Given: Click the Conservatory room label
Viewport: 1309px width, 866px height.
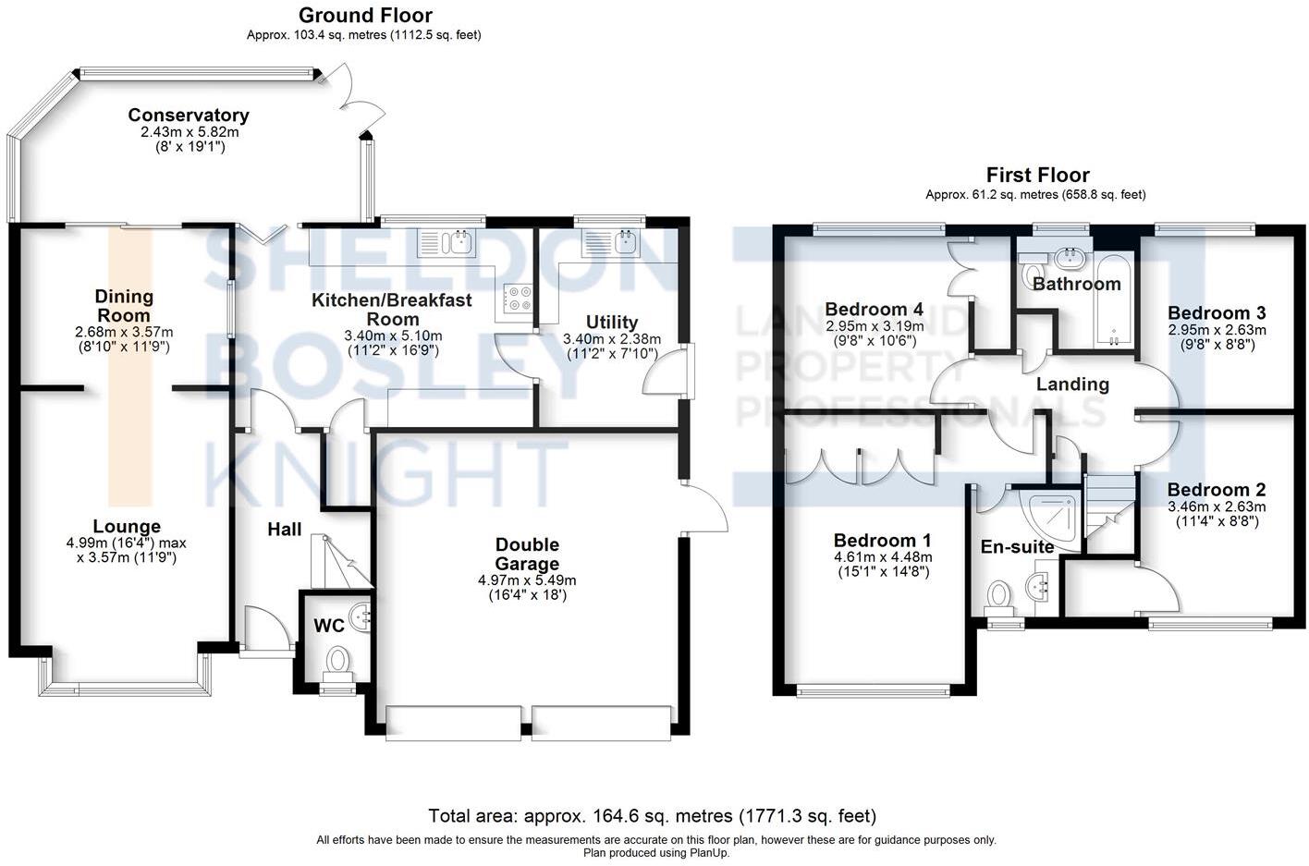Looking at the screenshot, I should tap(189, 116).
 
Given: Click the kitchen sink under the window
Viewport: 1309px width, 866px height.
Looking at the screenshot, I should tap(447, 243).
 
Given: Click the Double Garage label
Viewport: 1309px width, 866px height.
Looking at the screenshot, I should tap(527, 554).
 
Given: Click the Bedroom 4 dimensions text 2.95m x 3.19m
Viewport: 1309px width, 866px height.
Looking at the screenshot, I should tap(874, 326).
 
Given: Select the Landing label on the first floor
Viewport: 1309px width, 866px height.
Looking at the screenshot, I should tap(1072, 384).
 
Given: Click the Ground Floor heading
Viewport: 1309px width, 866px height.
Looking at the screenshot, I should tap(365, 16).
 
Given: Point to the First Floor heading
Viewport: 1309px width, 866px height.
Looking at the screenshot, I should tap(1037, 175).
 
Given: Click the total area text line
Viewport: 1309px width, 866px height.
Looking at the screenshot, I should tap(652, 816).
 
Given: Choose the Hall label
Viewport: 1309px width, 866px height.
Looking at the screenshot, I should tap(285, 530).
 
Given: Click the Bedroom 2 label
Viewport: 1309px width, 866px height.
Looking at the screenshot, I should tap(1216, 490).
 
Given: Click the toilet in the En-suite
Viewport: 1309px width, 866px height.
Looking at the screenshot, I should tap(998, 596).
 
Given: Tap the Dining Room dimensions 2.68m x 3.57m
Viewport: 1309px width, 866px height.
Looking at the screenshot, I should tap(124, 332).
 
